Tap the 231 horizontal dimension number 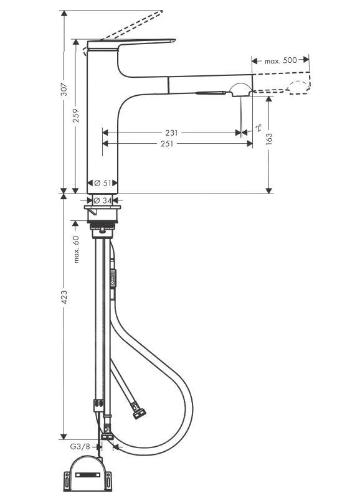pyautogui.click(x=173, y=133)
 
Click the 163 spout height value pyautogui.click(x=268, y=139)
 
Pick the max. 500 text pyautogui.click(x=280, y=61)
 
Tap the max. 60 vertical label pyautogui.click(x=76, y=249)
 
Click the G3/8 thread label pyautogui.click(x=79, y=446)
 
